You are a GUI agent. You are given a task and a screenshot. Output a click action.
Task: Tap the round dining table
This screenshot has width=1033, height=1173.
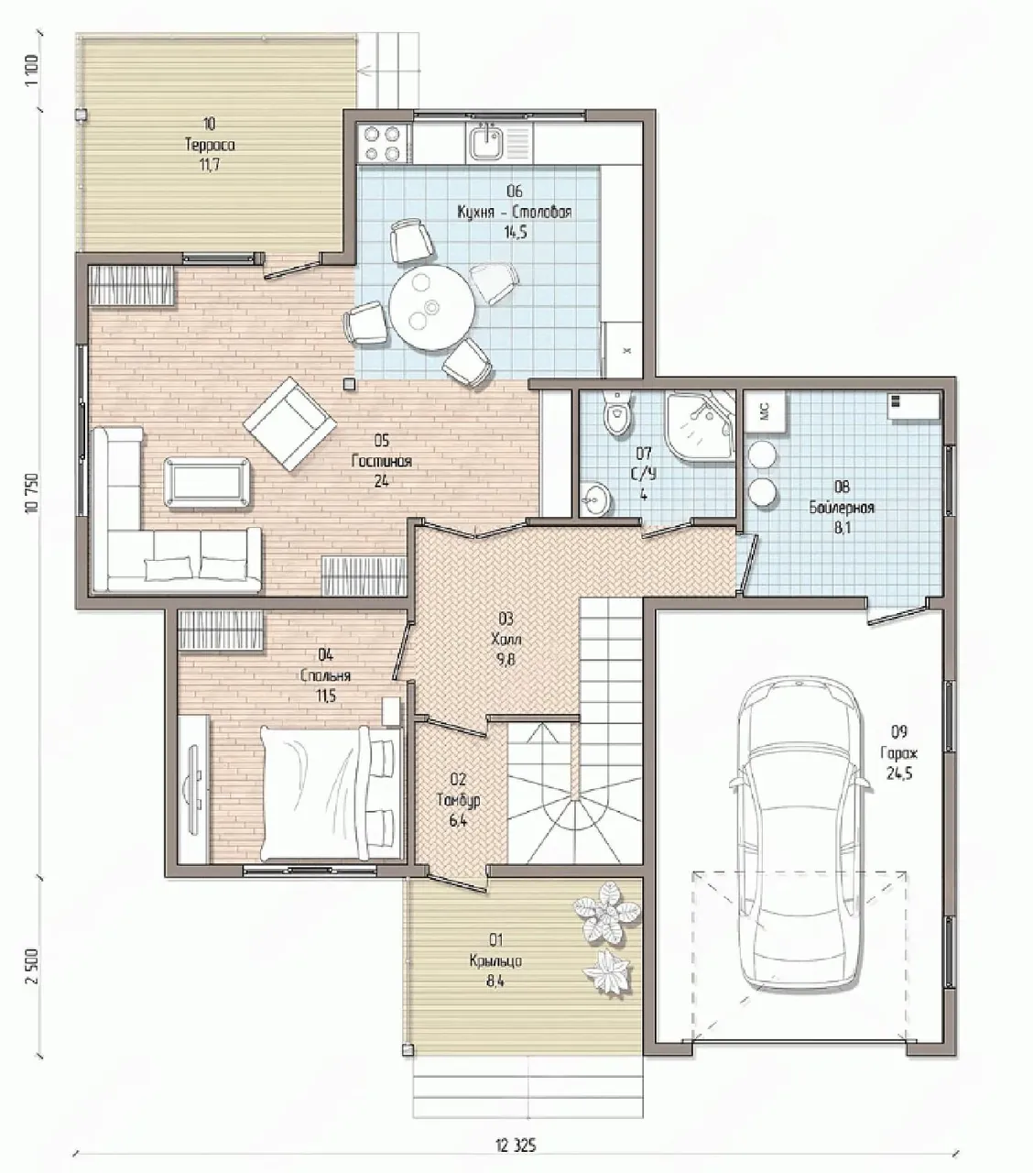pyautogui.click(x=431, y=307)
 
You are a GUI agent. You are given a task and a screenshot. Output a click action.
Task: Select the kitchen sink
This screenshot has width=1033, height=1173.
pyautogui.click(x=485, y=142)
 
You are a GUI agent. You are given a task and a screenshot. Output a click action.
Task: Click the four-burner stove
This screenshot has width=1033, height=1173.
pyautogui.click(x=381, y=143)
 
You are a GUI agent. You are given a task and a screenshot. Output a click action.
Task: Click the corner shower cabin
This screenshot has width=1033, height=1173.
pyautogui.click(x=700, y=426)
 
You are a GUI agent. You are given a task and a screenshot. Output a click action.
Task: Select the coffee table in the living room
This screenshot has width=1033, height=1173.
pyautogui.click(x=208, y=484)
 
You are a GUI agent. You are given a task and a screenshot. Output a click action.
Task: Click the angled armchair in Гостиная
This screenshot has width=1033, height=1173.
pyautogui.click(x=290, y=423)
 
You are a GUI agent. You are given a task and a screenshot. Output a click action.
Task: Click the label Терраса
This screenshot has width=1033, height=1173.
pyautogui.click(x=210, y=145)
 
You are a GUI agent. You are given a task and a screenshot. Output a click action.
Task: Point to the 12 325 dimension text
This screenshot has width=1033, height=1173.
pyautogui.click(x=516, y=1129)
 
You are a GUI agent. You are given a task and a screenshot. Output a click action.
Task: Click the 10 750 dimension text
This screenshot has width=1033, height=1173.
pyautogui.click(x=32, y=493)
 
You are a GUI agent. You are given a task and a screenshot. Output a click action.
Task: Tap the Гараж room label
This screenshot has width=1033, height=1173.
pyautogui.click(x=898, y=753)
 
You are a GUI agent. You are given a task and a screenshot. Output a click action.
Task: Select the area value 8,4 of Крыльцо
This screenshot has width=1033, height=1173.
pyautogui.click(x=495, y=981)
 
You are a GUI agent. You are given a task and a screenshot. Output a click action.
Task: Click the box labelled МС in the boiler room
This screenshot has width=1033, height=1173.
pyautogui.click(x=765, y=411)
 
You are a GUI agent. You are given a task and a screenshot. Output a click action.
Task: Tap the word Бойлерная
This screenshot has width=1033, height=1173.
pyautogui.click(x=842, y=508)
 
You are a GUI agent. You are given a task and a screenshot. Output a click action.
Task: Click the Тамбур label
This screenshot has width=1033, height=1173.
pyautogui.click(x=458, y=801)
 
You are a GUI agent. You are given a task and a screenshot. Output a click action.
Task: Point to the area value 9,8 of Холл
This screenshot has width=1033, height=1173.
pyautogui.click(x=506, y=660)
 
